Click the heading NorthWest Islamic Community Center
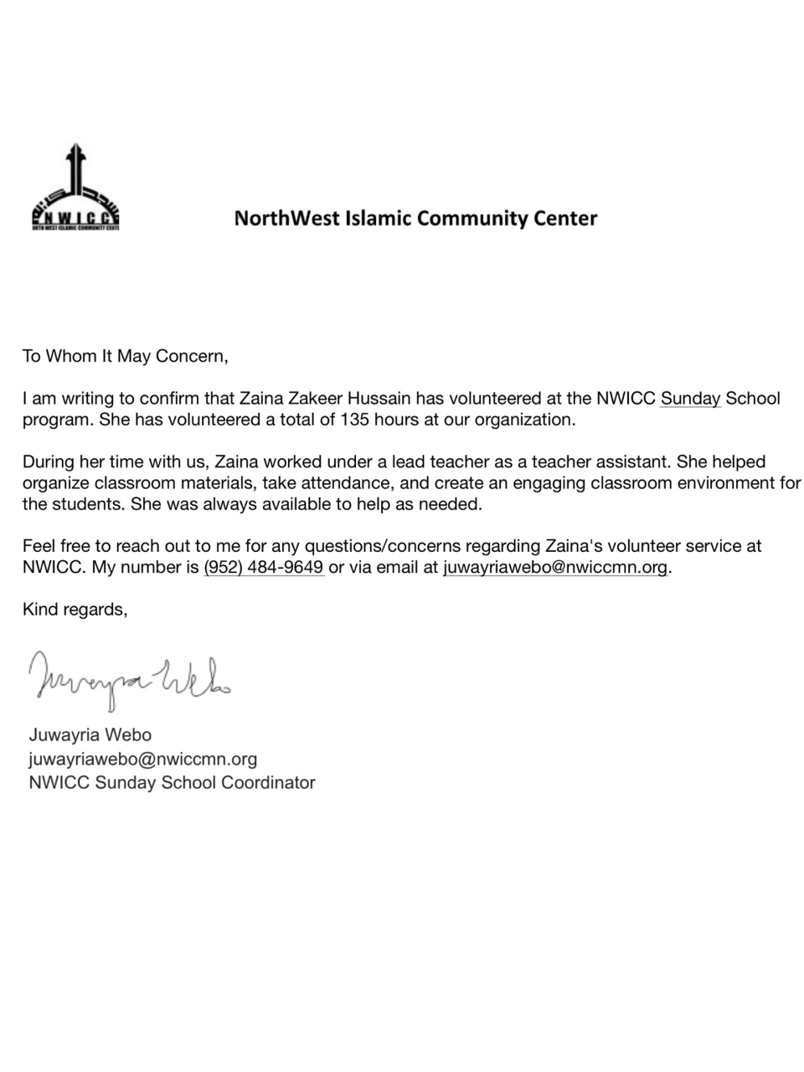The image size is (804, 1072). coord(415,219)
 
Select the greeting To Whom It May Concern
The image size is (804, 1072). coord(125,356)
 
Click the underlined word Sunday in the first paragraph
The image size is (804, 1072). coord(690,398)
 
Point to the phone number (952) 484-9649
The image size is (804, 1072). coord(264,567)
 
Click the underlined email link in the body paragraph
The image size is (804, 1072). coord(555,567)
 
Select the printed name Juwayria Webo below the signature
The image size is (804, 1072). coord(90,734)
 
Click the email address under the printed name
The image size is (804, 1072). coord(142,759)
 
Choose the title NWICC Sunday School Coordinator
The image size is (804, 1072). coord(172,782)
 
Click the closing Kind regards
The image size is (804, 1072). coord(75,609)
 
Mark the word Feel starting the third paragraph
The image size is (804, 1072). coord(39,546)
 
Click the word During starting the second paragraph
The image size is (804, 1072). coord(47,461)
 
